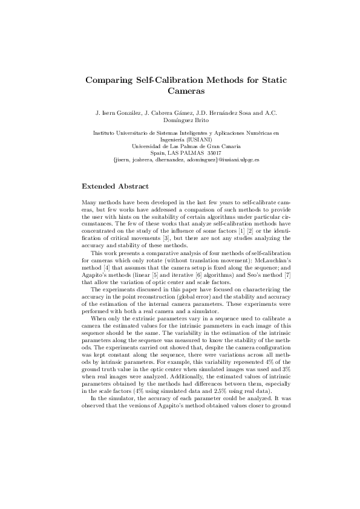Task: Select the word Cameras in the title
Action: (x=180, y=91)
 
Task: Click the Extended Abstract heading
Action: (x=116, y=169)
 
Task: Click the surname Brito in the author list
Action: (x=198, y=120)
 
